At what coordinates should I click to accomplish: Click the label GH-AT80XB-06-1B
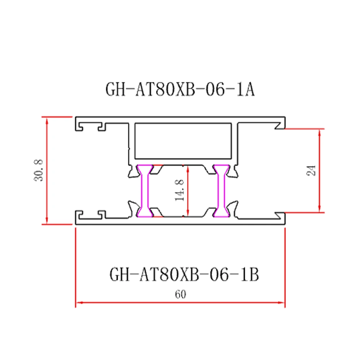coord(184,275)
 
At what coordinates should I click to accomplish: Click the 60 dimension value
coord(180,294)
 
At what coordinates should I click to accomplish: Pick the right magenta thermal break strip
coord(221,191)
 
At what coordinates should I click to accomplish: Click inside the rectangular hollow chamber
coord(183,141)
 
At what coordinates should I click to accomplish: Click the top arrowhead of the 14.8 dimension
coord(188,168)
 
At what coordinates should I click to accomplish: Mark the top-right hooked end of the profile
coord(280,125)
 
